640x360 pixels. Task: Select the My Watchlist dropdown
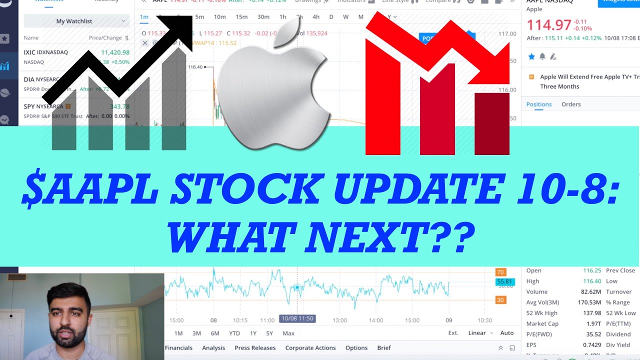tap(76, 21)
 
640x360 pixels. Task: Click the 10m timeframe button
tap(219, 17)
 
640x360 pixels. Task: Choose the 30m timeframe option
tap(263, 17)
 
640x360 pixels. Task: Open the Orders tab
tap(571, 104)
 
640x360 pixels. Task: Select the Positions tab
tap(539, 104)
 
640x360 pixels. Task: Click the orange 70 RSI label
tap(500, 272)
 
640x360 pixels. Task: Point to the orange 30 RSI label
tap(500, 300)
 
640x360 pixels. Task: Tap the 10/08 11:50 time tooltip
tap(297, 318)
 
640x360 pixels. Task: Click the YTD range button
tap(234, 333)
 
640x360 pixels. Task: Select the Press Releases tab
tap(255, 347)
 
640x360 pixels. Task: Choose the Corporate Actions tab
tap(310, 347)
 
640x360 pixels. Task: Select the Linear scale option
tap(477, 333)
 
